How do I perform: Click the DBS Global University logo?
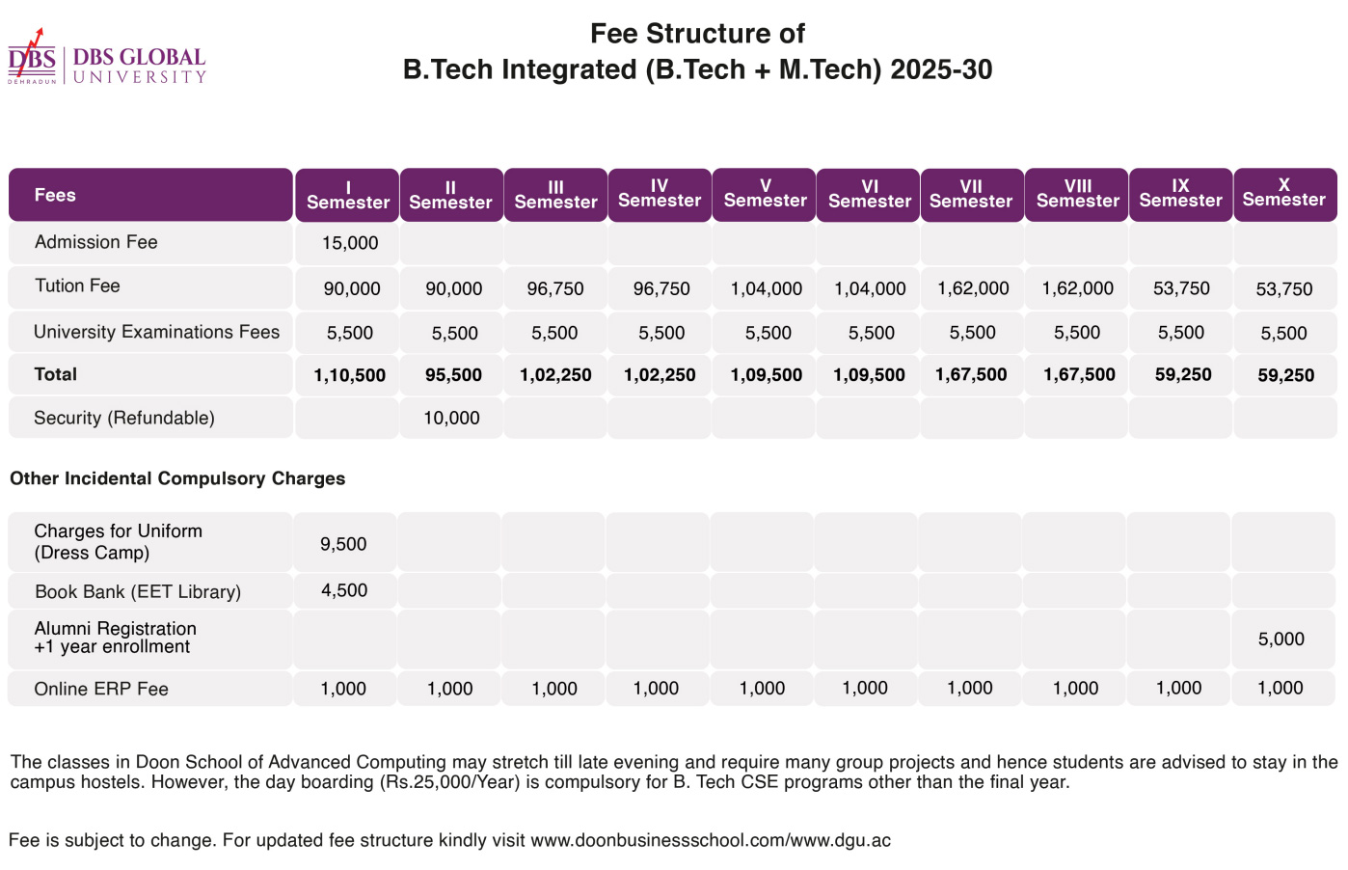pyautogui.click(x=106, y=57)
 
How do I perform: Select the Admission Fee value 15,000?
pyautogui.click(x=350, y=243)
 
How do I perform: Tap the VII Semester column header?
pyautogui.click(x=971, y=195)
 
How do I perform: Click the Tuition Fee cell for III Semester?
pyautogui.click(x=554, y=289)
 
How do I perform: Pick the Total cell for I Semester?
pyautogui.click(x=350, y=375)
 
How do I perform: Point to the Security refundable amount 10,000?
pyautogui.click(x=451, y=418)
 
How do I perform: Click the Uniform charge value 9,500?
pyautogui.click(x=343, y=544)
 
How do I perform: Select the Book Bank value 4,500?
pyautogui.click(x=344, y=590)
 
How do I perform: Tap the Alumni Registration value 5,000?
pyautogui.click(x=1281, y=639)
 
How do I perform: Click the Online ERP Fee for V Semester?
pyautogui.click(x=762, y=688)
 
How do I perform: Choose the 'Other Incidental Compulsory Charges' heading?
pyautogui.click(x=177, y=478)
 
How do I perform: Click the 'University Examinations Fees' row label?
pyautogui.click(x=156, y=332)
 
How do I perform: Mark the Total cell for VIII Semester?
pyautogui.click(x=1079, y=374)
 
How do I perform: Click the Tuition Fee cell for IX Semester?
pyautogui.click(x=1181, y=288)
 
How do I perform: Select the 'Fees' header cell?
pyautogui.click(x=150, y=195)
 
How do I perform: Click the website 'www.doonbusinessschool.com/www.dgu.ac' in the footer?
pyautogui.click(x=711, y=840)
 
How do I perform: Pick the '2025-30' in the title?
pyautogui.click(x=941, y=69)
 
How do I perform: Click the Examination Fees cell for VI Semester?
pyautogui.click(x=872, y=333)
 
